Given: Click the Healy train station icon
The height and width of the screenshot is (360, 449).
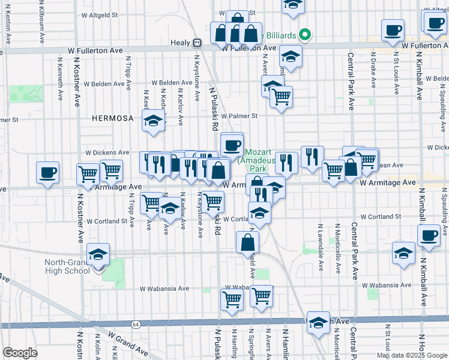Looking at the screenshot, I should [197, 43].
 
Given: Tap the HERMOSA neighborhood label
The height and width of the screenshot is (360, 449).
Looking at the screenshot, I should [112, 119].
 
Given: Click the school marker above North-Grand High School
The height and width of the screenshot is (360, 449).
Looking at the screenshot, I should [98, 254].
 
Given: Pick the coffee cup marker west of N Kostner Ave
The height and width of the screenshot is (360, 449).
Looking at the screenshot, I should [48, 173].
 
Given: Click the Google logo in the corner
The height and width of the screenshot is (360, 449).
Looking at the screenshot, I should [20, 353].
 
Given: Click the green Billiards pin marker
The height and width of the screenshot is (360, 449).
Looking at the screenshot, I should [305, 35].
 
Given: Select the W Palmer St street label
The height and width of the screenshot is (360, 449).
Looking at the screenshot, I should [239, 116].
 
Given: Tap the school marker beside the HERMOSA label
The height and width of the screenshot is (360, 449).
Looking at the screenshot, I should [154, 121].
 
